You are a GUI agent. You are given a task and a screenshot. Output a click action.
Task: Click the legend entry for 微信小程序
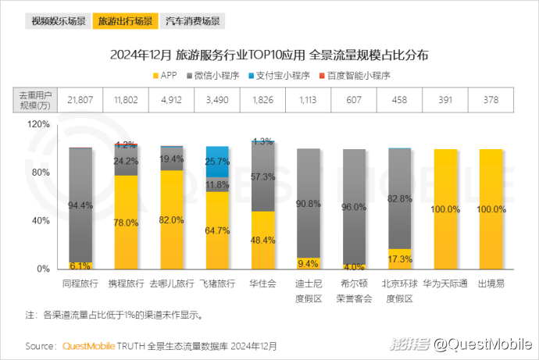219,76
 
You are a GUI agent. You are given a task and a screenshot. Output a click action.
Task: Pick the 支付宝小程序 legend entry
279,76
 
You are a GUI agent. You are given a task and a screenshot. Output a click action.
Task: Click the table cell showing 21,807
80,100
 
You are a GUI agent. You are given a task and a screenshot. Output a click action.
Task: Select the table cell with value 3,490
217,100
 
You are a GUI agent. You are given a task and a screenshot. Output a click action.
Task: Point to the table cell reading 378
491,100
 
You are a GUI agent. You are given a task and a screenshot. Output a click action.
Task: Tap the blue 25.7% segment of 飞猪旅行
217,162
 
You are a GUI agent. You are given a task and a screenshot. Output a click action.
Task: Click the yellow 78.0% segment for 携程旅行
126,223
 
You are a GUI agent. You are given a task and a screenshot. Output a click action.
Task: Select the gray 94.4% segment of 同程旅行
80,205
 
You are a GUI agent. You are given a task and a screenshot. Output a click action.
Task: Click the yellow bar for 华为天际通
445,209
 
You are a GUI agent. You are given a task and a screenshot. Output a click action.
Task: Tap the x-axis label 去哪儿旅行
171,283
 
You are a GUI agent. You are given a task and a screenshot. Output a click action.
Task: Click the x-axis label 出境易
491,283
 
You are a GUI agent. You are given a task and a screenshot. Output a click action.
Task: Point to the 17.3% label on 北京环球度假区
399,258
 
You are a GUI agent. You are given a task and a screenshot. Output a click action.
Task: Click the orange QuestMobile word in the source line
87,344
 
